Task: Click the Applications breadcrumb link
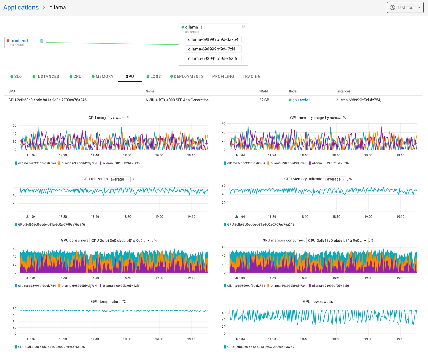(x=21, y=7)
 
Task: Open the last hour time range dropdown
(x=405, y=7)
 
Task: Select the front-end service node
(x=19, y=41)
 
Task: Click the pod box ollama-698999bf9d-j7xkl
(x=213, y=49)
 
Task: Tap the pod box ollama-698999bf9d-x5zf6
(x=213, y=59)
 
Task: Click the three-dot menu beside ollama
(x=202, y=28)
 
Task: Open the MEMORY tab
(x=104, y=76)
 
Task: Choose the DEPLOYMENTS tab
(x=188, y=76)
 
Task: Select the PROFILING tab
(x=223, y=76)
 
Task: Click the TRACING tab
(x=252, y=76)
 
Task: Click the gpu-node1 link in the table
(x=301, y=100)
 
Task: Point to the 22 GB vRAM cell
(x=264, y=100)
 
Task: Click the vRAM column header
(x=263, y=91)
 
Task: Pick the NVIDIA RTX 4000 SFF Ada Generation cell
(x=177, y=100)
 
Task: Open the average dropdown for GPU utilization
(x=120, y=179)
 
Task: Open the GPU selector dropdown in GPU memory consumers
(x=337, y=241)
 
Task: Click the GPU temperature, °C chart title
(x=109, y=302)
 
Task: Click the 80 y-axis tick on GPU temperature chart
(x=14, y=309)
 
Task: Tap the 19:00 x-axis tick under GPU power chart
(x=368, y=339)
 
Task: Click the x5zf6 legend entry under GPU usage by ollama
(x=121, y=163)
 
